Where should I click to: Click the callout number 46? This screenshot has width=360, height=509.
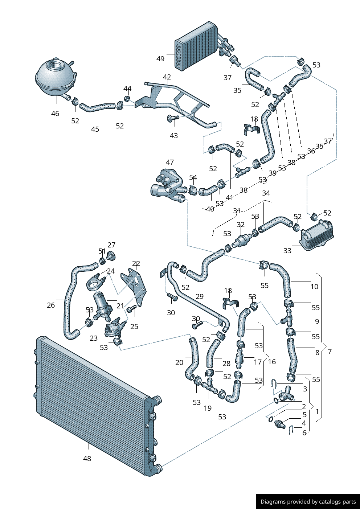55,114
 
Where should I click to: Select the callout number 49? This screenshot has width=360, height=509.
160,59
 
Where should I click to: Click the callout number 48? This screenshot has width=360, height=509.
87,459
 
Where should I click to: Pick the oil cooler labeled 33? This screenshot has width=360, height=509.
316,236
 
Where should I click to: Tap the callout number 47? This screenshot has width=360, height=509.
170,162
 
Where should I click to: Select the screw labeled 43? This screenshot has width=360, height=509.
173,118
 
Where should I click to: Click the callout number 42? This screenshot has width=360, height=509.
167,77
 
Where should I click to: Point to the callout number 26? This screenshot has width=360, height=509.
51,305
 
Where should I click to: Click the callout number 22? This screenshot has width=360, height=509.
136,263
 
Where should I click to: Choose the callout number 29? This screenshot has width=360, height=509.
200,297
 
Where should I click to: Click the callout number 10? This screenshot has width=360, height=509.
314,287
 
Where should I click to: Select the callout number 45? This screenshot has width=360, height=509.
95,129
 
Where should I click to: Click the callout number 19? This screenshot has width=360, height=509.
208,408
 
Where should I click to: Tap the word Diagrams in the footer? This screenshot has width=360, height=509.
273,502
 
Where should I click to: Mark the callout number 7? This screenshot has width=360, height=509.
330,352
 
